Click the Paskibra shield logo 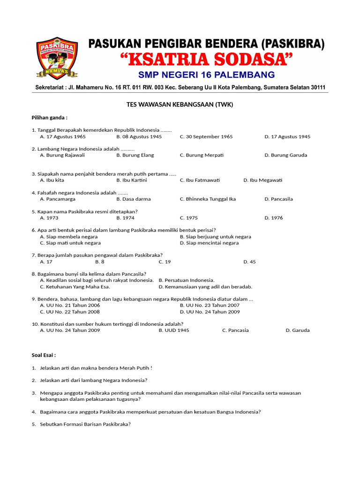tap(57, 58)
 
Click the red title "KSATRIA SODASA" tap(206, 60)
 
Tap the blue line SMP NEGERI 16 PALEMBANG tap(206, 75)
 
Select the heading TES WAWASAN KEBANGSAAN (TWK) tap(180, 105)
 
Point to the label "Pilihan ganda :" tap(49, 117)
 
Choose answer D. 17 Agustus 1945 tap(287, 136)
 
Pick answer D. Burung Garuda tap(286, 155)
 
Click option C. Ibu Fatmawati tap(200, 180)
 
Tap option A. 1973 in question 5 tap(49, 217)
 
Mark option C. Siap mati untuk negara tap(70, 243)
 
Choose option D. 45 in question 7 tap(250, 262)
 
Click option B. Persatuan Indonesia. tap(187, 280)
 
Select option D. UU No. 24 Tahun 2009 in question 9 tap(210, 312)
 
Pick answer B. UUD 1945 tap(174, 330)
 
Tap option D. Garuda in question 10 tap(298, 330)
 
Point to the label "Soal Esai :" tap(44, 355)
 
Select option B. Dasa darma tap(134, 199)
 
